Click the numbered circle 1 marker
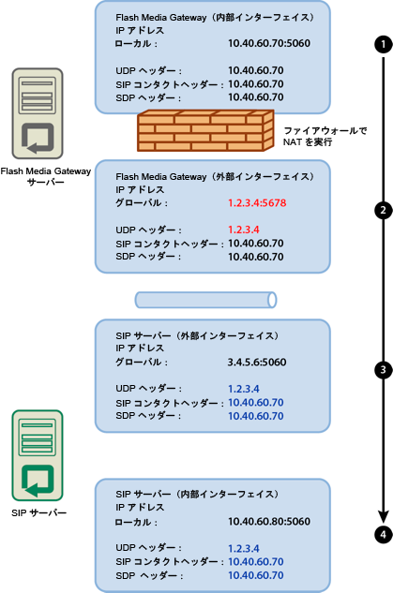pyautogui.click(x=382, y=44)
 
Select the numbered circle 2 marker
pyautogui.click(x=382, y=210)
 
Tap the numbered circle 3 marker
pyautogui.click(x=382, y=369)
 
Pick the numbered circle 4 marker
pyautogui.click(x=382, y=534)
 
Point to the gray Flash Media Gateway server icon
pyautogui.click(x=38, y=111)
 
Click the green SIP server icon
pyautogui.click(x=38, y=455)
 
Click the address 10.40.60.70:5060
pyautogui.click(x=269, y=43)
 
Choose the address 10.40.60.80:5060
pyautogui.click(x=269, y=521)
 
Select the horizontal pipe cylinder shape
pyautogui.click(x=206, y=300)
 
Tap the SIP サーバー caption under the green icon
pyautogui.click(x=38, y=513)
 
